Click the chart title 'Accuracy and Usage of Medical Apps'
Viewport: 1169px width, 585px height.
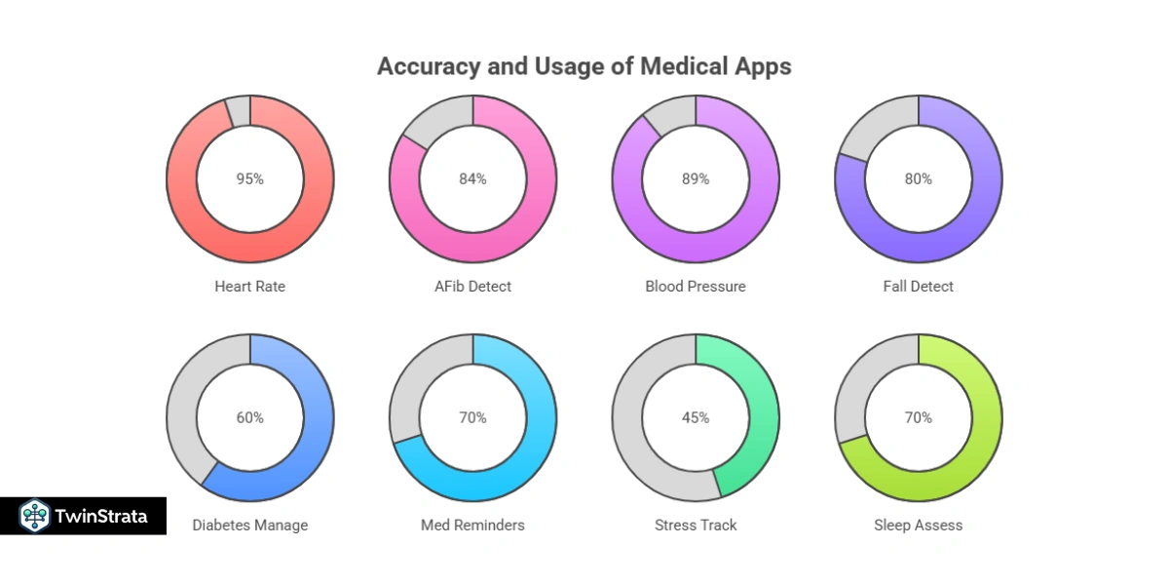point(584,66)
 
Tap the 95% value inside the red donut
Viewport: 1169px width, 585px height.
point(250,179)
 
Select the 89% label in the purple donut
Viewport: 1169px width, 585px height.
point(696,179)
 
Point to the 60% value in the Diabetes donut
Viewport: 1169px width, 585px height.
point(250,417)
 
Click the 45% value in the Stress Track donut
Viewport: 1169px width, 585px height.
point(696,417)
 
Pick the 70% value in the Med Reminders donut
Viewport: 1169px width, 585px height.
point(472,417)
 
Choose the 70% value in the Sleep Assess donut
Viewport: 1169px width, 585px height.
point(918,417)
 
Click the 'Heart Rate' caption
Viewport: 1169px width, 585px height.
point(250,287)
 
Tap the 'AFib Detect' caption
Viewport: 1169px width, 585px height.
point(472,287)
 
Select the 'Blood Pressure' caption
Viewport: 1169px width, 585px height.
point(696,287)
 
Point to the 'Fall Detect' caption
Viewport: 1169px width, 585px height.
point(918,287)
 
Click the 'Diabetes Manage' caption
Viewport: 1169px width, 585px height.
point(250,526)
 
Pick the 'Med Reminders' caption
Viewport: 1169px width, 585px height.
point(472,526)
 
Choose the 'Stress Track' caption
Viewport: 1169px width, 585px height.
point(696,526)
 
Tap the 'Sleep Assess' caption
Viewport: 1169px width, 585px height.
point(918,526)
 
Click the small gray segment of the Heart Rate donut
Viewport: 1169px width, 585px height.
point(238,111)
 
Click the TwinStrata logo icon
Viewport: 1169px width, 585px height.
point(35,516)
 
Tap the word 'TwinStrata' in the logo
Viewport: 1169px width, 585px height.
point(101,516)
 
